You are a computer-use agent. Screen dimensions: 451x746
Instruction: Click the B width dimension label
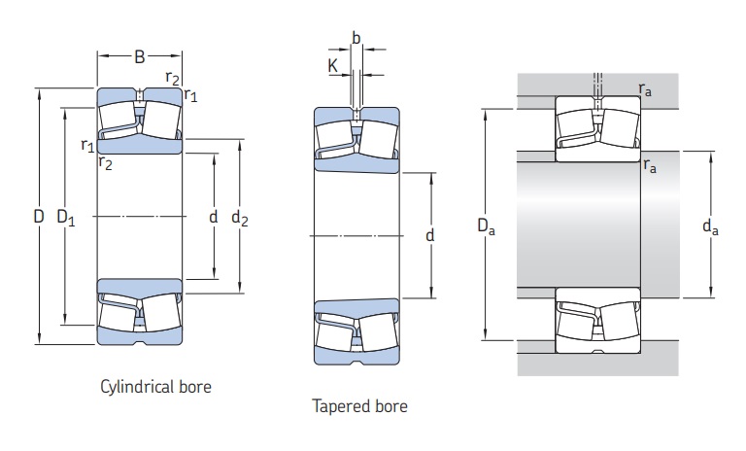tap(139, 57)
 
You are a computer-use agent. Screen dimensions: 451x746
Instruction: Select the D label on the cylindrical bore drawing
tap(39, 217)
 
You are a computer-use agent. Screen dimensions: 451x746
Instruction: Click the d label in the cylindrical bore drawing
tap(213, 217)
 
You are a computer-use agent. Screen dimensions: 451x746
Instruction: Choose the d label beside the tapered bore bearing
tap(429, 235)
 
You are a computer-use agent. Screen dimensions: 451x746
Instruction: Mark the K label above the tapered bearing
tap(333, 67)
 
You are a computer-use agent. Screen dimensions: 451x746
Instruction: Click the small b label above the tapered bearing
tap(356, 38)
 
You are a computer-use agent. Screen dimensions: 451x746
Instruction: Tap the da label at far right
tap(710, 227)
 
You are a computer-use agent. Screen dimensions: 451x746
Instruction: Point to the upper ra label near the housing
tap(646, 88)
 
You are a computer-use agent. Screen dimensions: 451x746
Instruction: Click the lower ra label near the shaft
tap(649, 166)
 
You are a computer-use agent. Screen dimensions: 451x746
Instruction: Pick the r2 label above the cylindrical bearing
tap(172, 77)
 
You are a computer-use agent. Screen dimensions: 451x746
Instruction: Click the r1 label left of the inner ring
tap(87, 146)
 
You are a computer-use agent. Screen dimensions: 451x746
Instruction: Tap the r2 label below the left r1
tap(105, 163)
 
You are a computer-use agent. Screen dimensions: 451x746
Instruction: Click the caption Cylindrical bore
tap(155, 387)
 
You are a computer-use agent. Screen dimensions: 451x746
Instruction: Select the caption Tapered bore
tap(359, 405)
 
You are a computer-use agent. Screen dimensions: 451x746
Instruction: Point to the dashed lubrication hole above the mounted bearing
tap(597, 82)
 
